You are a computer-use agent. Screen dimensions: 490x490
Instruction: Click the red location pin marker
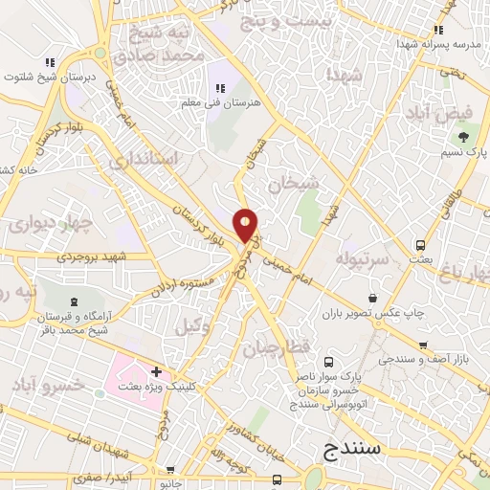(246, 225)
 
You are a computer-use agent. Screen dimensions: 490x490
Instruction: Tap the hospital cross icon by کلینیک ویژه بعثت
(156, 370)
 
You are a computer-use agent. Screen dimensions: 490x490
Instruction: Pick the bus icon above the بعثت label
(420, 244)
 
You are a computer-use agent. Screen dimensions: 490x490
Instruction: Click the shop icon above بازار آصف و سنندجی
(422, 345)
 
